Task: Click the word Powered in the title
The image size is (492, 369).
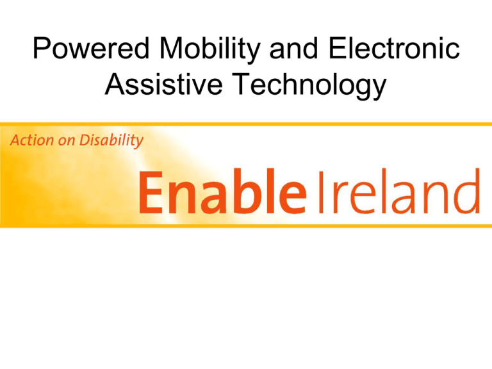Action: click(91, 48)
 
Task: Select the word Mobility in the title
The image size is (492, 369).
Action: click(210, 50)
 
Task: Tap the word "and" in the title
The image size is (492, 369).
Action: click(294, 48)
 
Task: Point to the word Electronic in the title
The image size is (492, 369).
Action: click(394, 48)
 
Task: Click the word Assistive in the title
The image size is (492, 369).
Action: click(164, 83)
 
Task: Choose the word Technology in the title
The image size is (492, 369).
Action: click(309, 85)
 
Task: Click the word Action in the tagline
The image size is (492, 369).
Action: click(31, 140)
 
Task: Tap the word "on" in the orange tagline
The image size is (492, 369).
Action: click(66, 142)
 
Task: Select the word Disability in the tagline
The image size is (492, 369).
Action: click(111, 141)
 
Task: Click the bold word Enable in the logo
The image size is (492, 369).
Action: click(222, 192)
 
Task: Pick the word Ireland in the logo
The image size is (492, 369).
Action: click(399, 192)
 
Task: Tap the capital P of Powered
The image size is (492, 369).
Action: click(42, 48)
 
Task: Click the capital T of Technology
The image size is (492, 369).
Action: click(242, 83)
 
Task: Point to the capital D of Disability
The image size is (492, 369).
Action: click(85, 140)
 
